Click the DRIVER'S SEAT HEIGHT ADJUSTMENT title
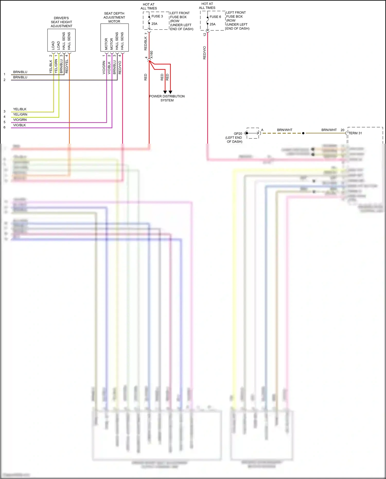pos(61,22)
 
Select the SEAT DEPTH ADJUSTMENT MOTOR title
pos(114,17)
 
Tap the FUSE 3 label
pos(157,16)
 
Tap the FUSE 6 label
pos(215,17)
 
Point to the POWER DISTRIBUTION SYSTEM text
pos(167,98)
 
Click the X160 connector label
pos(151,55)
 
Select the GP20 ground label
pos(238,134)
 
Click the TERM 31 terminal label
pos(355,133)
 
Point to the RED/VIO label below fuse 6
pos(205,53)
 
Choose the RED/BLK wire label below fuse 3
pos(146,43)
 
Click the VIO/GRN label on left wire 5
pos(20,120)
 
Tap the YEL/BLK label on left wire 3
pos(20,109)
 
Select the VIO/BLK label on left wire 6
pos(20,125)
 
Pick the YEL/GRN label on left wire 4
pos(20,115)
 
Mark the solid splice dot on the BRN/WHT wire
pos(303,133)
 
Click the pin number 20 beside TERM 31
pos(342,130)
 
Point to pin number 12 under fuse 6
pos(205,34)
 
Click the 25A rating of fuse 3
pos(154,24)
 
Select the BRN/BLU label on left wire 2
pos(20,77)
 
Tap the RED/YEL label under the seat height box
pos(67,66)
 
